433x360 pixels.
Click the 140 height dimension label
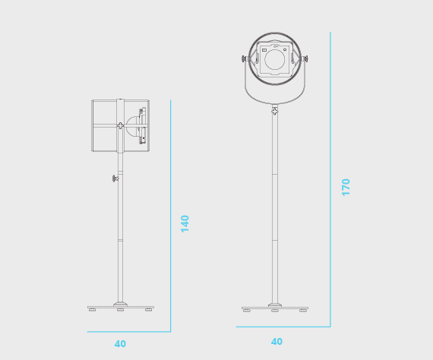click(185, 224)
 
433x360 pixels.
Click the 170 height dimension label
click(346, 188)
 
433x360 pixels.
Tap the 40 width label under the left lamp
click(120, 344)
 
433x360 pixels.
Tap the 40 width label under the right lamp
click(277, 342)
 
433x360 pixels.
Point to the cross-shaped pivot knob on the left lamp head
click(120, 125)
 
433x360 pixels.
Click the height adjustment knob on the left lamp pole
click(115, 178)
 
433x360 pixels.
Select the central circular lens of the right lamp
click(274, 59)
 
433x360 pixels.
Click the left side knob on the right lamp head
click(245, 58)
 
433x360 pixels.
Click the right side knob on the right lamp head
click(305, 58)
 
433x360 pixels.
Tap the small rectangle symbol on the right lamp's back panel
click(264, 50)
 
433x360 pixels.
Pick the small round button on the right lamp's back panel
click(285, 49)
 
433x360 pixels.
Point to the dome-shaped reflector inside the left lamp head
click(132, 126)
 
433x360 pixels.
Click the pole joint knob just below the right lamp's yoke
click(275, 111)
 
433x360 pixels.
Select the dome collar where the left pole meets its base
click(120, 305)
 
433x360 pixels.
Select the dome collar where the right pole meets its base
click(275, 305)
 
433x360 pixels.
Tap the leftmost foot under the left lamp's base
click(92, 309)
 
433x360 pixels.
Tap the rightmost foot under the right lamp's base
click(303, 310)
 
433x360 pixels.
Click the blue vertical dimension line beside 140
click(171, 216)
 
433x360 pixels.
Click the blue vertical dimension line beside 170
click(330, 179)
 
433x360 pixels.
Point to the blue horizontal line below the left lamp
click(129, 332)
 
